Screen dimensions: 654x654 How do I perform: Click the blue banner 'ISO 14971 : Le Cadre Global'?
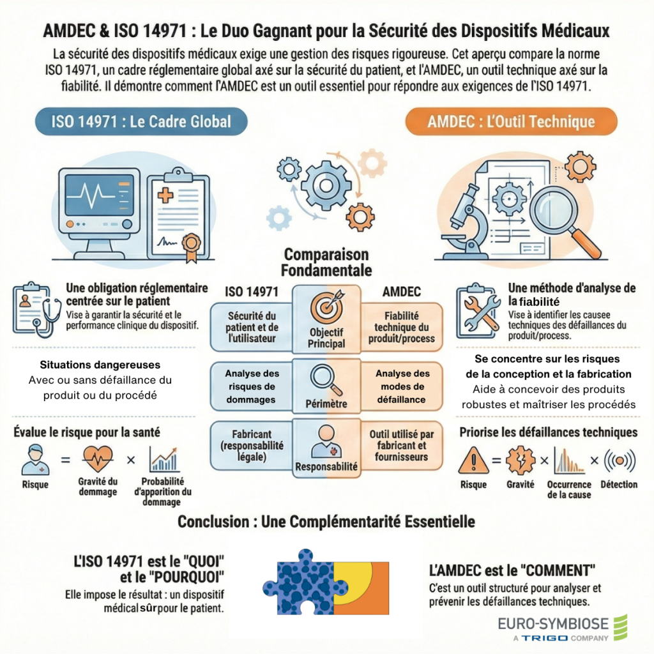click(141, 121)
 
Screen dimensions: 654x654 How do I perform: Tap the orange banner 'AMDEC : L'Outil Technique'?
click(511, 121)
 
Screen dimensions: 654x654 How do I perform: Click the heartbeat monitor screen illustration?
click(99, 195)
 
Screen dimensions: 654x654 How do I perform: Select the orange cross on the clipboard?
click(165, 195)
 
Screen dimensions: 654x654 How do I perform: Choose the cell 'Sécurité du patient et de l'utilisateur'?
click(252, 328)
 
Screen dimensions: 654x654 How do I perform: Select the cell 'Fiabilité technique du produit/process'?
click(401, 328)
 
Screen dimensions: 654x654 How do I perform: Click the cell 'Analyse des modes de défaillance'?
click(401, 386)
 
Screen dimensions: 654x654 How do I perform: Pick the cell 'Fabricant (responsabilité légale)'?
click(252, 445)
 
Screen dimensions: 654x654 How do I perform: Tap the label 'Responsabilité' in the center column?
click(326, 466)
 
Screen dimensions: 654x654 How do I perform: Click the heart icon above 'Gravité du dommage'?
click(98, 459)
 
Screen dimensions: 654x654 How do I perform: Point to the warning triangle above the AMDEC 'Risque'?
click(473, 460)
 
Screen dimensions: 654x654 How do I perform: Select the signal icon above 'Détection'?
click(620, 460)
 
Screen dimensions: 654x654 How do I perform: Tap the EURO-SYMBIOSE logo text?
click(553, 624)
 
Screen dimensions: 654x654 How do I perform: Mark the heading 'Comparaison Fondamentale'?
click(326, 262)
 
